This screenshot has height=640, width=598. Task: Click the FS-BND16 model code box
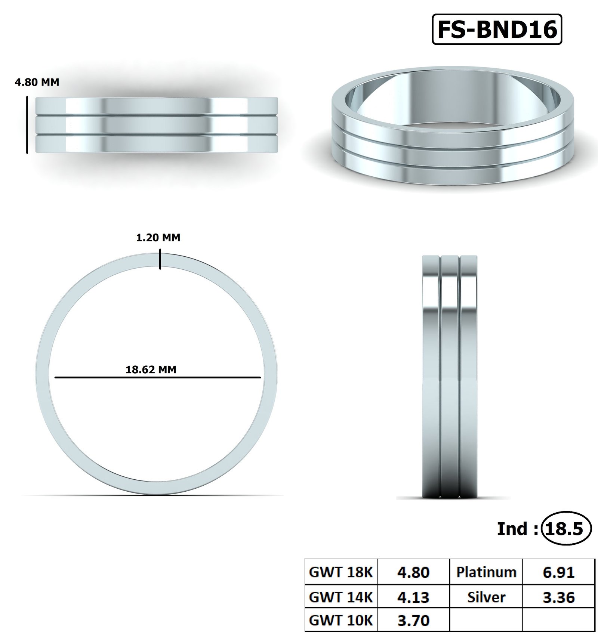497,30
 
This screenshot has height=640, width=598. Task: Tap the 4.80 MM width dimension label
37,82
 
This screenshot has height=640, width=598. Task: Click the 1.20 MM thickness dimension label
158,238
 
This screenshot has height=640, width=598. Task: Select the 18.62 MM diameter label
151,370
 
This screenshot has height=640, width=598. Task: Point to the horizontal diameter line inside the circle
157,377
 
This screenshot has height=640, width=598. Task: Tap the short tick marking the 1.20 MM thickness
160,260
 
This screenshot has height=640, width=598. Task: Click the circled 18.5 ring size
565,529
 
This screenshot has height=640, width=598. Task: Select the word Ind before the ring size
512,529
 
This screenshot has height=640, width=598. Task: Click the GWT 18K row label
341,572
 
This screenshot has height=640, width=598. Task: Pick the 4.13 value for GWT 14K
413,597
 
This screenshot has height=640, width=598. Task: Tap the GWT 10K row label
341,620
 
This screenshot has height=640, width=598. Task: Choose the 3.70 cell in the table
413,620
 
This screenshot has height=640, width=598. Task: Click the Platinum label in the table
486,572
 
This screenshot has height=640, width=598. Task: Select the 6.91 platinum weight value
558,572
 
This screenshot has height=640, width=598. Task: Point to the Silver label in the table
486,597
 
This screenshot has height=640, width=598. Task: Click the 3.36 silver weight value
558,597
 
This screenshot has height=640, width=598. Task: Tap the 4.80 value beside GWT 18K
413,572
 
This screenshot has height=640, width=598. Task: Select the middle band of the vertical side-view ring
450,374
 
